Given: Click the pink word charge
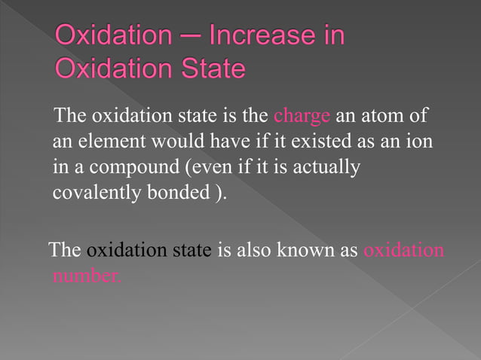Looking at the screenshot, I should [x=302, y=117].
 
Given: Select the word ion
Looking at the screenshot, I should [x=418, y=142].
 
